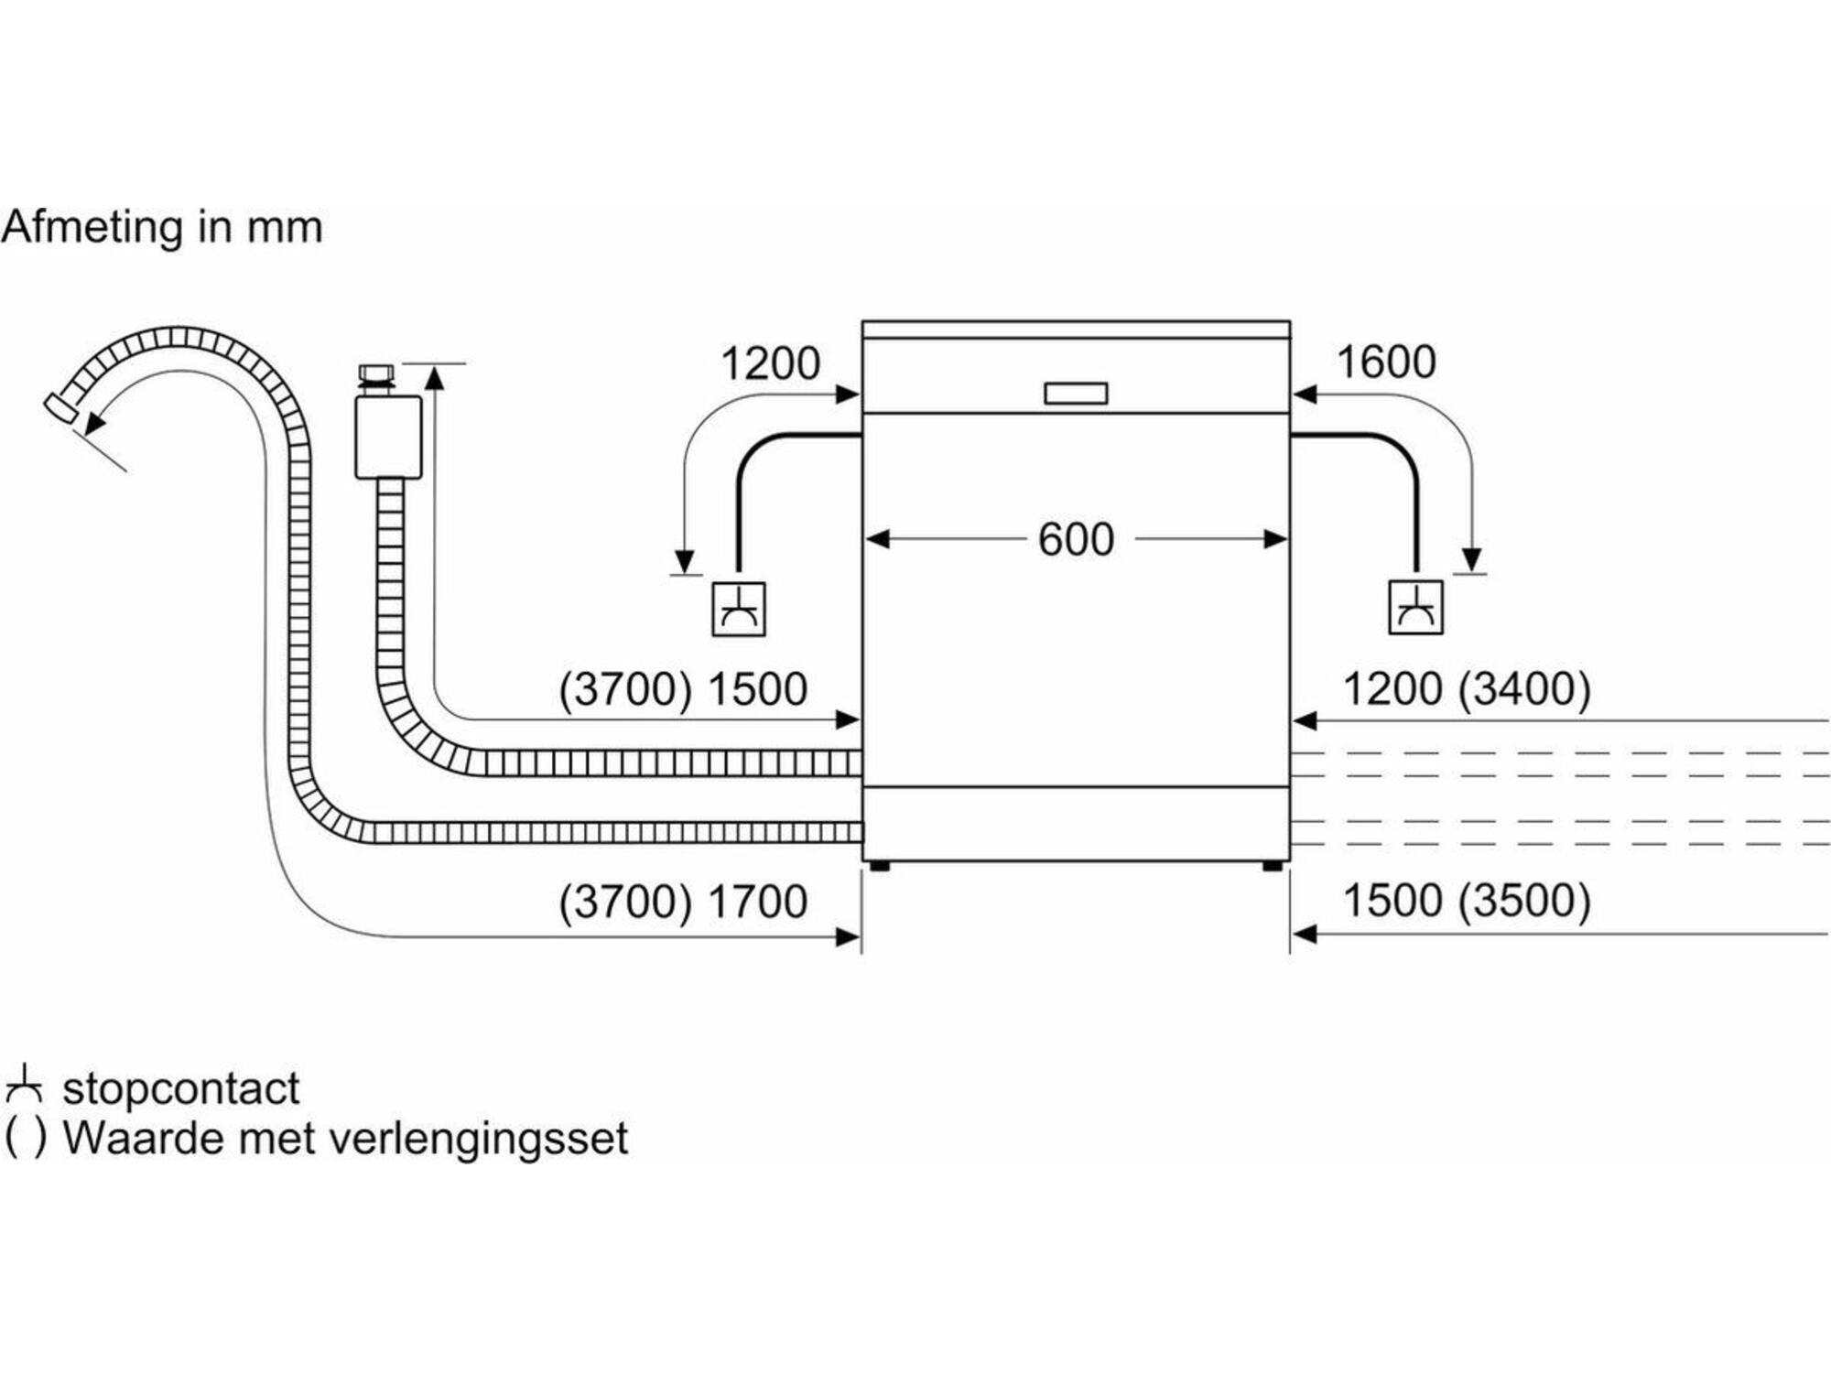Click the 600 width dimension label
(x=1076, y=539)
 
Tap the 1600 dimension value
(x=1386, y=362)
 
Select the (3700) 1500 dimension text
(x=683, y=689)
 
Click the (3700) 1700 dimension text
(x=683, y=902)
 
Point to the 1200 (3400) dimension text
(x=1467, y=688)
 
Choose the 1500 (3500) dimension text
(x=1467, y=901)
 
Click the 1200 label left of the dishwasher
(x=770, y=363)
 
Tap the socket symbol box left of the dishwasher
(x=739, y=609)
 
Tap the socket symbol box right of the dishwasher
(x=1415, y=607)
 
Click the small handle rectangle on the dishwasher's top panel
(x=1076, y=394)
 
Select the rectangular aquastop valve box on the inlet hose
(x=388, y=437)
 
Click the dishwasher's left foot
(x=879, y=865)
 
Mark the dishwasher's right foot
(x=1272, y=865)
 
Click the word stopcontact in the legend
(x=180, y=1087)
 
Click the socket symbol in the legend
(x=24, y=1084)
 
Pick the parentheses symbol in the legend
(x=25, y=1138)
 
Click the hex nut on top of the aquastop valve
(x=375, y=375)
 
